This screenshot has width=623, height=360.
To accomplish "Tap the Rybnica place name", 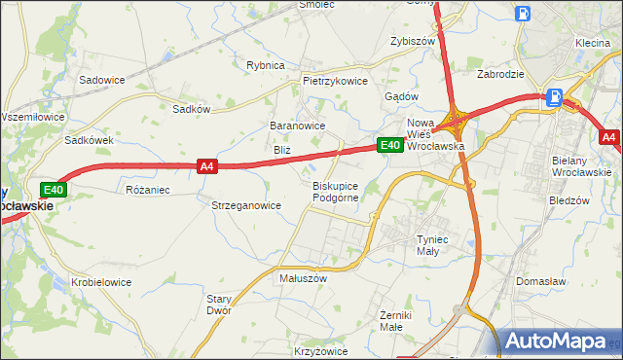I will [265, 65].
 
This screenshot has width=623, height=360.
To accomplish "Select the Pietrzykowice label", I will [335, 81].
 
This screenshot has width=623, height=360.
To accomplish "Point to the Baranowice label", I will [297, 126].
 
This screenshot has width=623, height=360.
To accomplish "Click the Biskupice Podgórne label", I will [337, 191].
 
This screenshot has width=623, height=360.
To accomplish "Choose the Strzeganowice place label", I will [246, 205].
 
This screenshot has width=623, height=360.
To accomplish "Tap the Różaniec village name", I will [149, 189].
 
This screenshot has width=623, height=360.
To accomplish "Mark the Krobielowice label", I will [101, 282].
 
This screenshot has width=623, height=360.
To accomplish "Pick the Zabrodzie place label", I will [501, 73].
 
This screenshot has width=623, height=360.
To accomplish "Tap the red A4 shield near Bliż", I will [206, 166].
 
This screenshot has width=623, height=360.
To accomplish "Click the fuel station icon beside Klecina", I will [524, 15].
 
